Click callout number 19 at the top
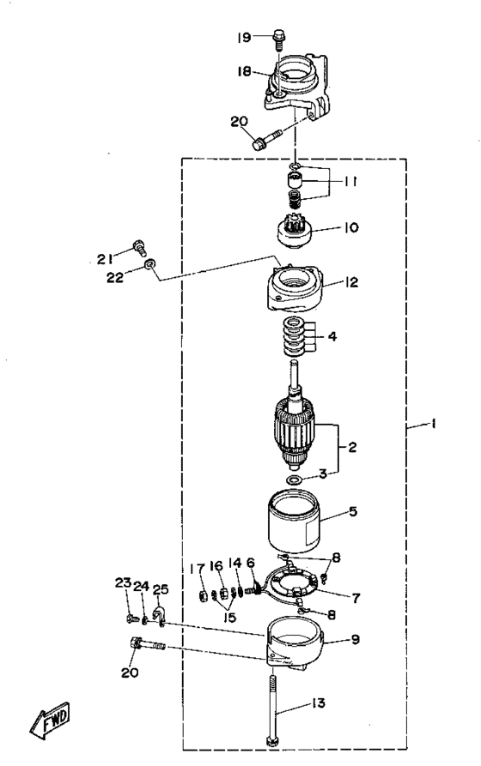coord(244,37)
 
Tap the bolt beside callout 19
coord(279,39)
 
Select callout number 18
coord(244,71)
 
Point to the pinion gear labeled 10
coord(295,232)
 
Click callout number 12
coord(351,282)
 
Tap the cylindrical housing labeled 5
coord(294,522)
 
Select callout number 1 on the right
coord(433,424)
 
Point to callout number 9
coord(356,638)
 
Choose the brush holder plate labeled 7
coord(289,584)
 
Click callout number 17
coord(198,569)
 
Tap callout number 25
coord(161,589)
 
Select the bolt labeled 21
coord(139,247)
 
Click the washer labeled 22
coord(149,264)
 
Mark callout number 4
coord(332,336)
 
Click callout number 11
coord(350,182)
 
